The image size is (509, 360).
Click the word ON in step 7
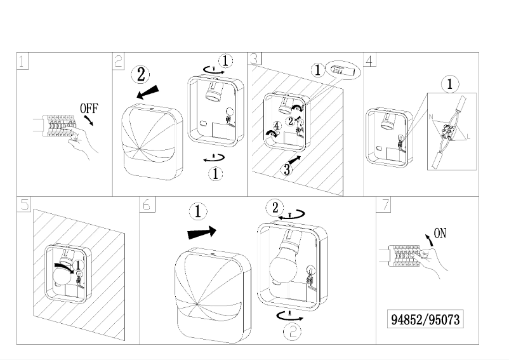(x=439, y=233)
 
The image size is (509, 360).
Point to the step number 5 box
(x=23, y=204)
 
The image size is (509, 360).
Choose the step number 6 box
(x=146, y=204)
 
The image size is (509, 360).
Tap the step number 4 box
(x=371, y=60)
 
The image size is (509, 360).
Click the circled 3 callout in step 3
(x=286, y=169)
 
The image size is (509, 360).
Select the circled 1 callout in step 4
(x=449, y=84)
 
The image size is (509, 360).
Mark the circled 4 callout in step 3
(x=276, y=126)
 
